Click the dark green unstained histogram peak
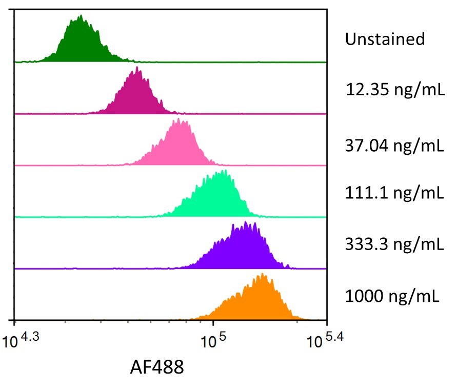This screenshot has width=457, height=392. coord(81,44)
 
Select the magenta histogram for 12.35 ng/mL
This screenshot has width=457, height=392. coord(136,95)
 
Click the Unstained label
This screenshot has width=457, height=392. coord(385,39)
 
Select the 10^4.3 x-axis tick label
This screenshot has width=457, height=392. coord(24,339)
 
